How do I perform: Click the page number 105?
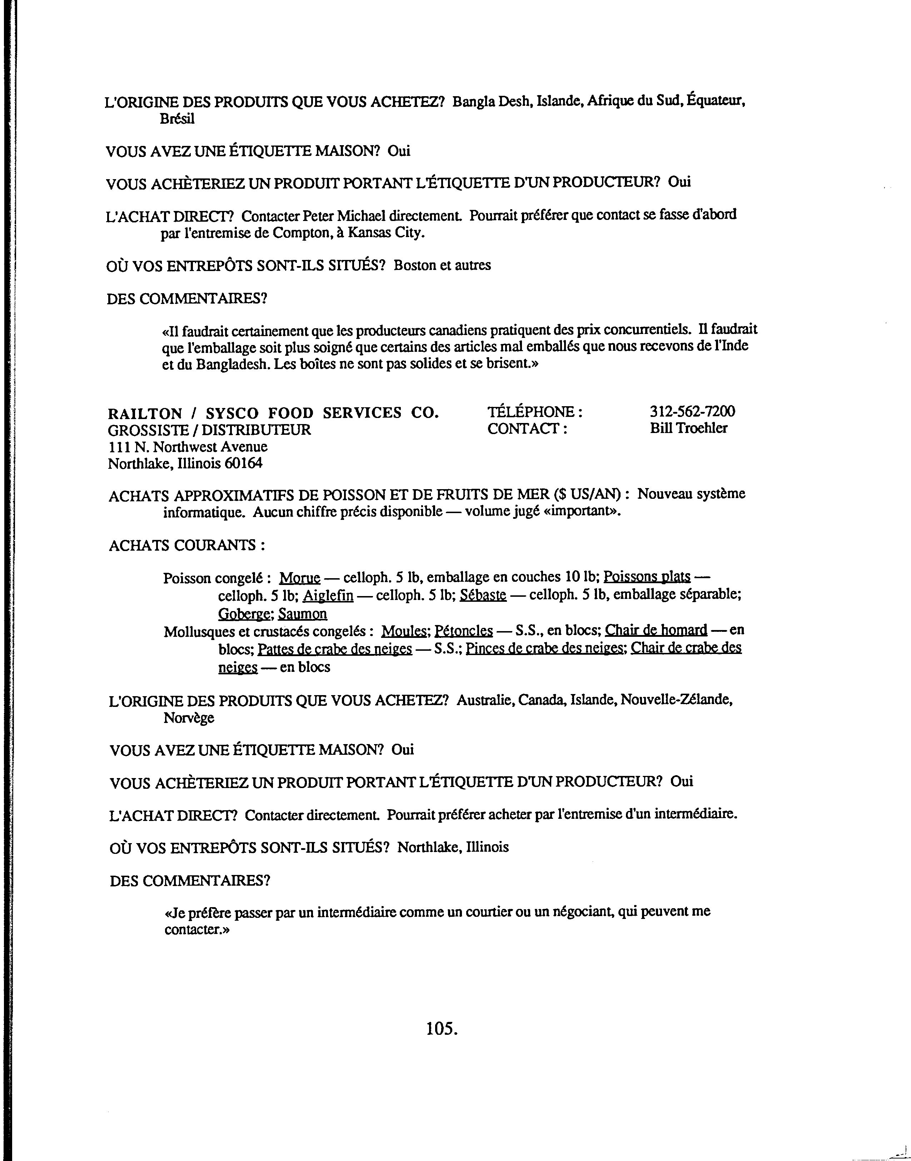tap(442, 1028)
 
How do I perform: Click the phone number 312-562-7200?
tap(692, 412)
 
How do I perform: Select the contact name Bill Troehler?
tap(688, 428)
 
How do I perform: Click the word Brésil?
tap(177, 119)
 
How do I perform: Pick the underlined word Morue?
tap(300, 577)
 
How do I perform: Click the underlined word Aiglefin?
tap(328, 595)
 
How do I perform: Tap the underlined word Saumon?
tap(303, 614)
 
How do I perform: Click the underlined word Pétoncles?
tap(463, 631)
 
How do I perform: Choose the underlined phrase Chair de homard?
tap(656, 630)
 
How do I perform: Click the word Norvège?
tap(189, 718)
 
